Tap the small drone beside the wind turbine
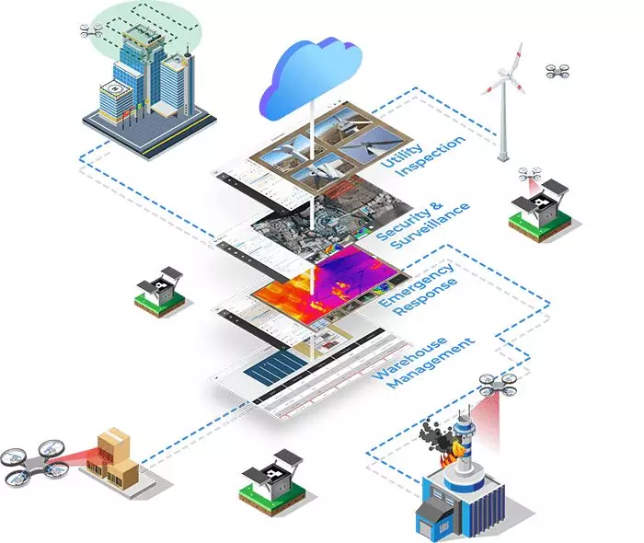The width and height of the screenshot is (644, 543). (558, 71)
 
